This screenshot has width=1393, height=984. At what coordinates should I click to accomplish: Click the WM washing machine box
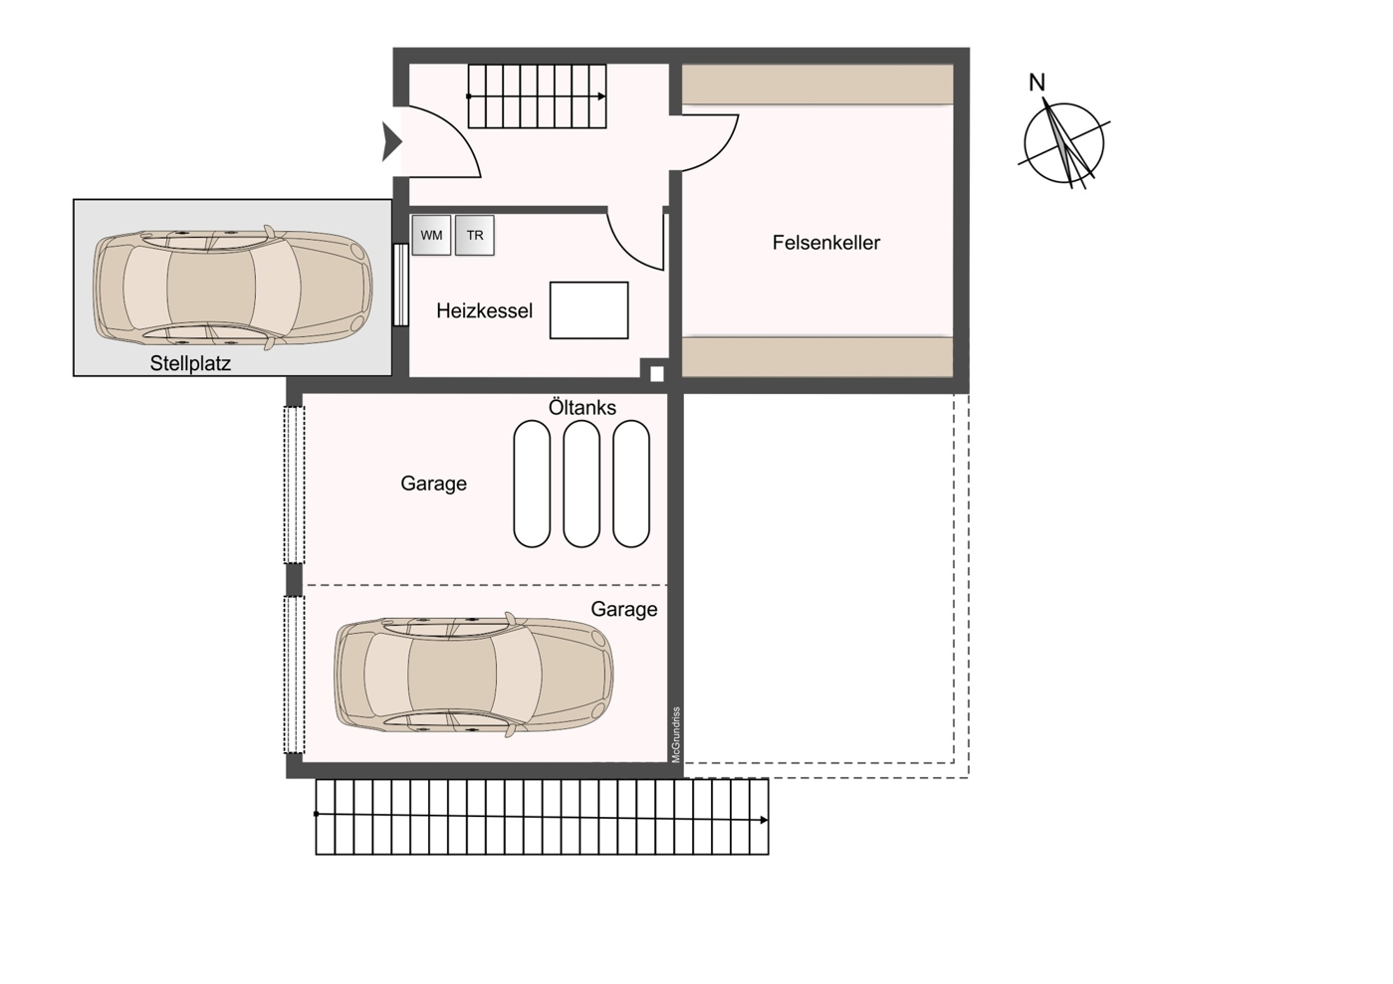431,236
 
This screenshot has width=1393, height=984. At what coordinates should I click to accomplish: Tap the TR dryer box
475,236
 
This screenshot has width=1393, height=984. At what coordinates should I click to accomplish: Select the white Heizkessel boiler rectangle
588,310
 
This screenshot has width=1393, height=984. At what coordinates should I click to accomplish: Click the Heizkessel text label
484,311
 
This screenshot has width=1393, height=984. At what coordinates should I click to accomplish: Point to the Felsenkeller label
825,243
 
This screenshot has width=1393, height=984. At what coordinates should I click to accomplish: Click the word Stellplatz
190,364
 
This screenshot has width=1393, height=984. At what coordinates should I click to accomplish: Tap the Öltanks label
582,408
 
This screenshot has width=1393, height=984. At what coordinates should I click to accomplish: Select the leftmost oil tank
532,484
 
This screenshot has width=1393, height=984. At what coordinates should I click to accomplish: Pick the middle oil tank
581,484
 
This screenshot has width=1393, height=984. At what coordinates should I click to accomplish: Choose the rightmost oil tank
631,484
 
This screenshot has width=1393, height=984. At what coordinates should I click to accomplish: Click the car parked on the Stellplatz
232,287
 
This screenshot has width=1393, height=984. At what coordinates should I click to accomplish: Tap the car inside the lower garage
473,676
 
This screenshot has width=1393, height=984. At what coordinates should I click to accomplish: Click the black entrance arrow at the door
390,142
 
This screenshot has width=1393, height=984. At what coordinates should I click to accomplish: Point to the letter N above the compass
1037,83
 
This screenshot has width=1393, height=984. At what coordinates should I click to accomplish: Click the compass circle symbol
1064,144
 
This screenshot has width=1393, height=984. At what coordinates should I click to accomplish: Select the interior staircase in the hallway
537,97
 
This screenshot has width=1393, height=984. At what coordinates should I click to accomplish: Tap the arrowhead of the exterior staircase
764,820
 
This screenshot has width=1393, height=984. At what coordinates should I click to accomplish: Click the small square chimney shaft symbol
656,374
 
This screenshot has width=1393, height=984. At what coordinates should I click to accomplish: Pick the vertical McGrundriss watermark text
676,734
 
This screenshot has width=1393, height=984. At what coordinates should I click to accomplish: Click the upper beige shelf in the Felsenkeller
817,86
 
